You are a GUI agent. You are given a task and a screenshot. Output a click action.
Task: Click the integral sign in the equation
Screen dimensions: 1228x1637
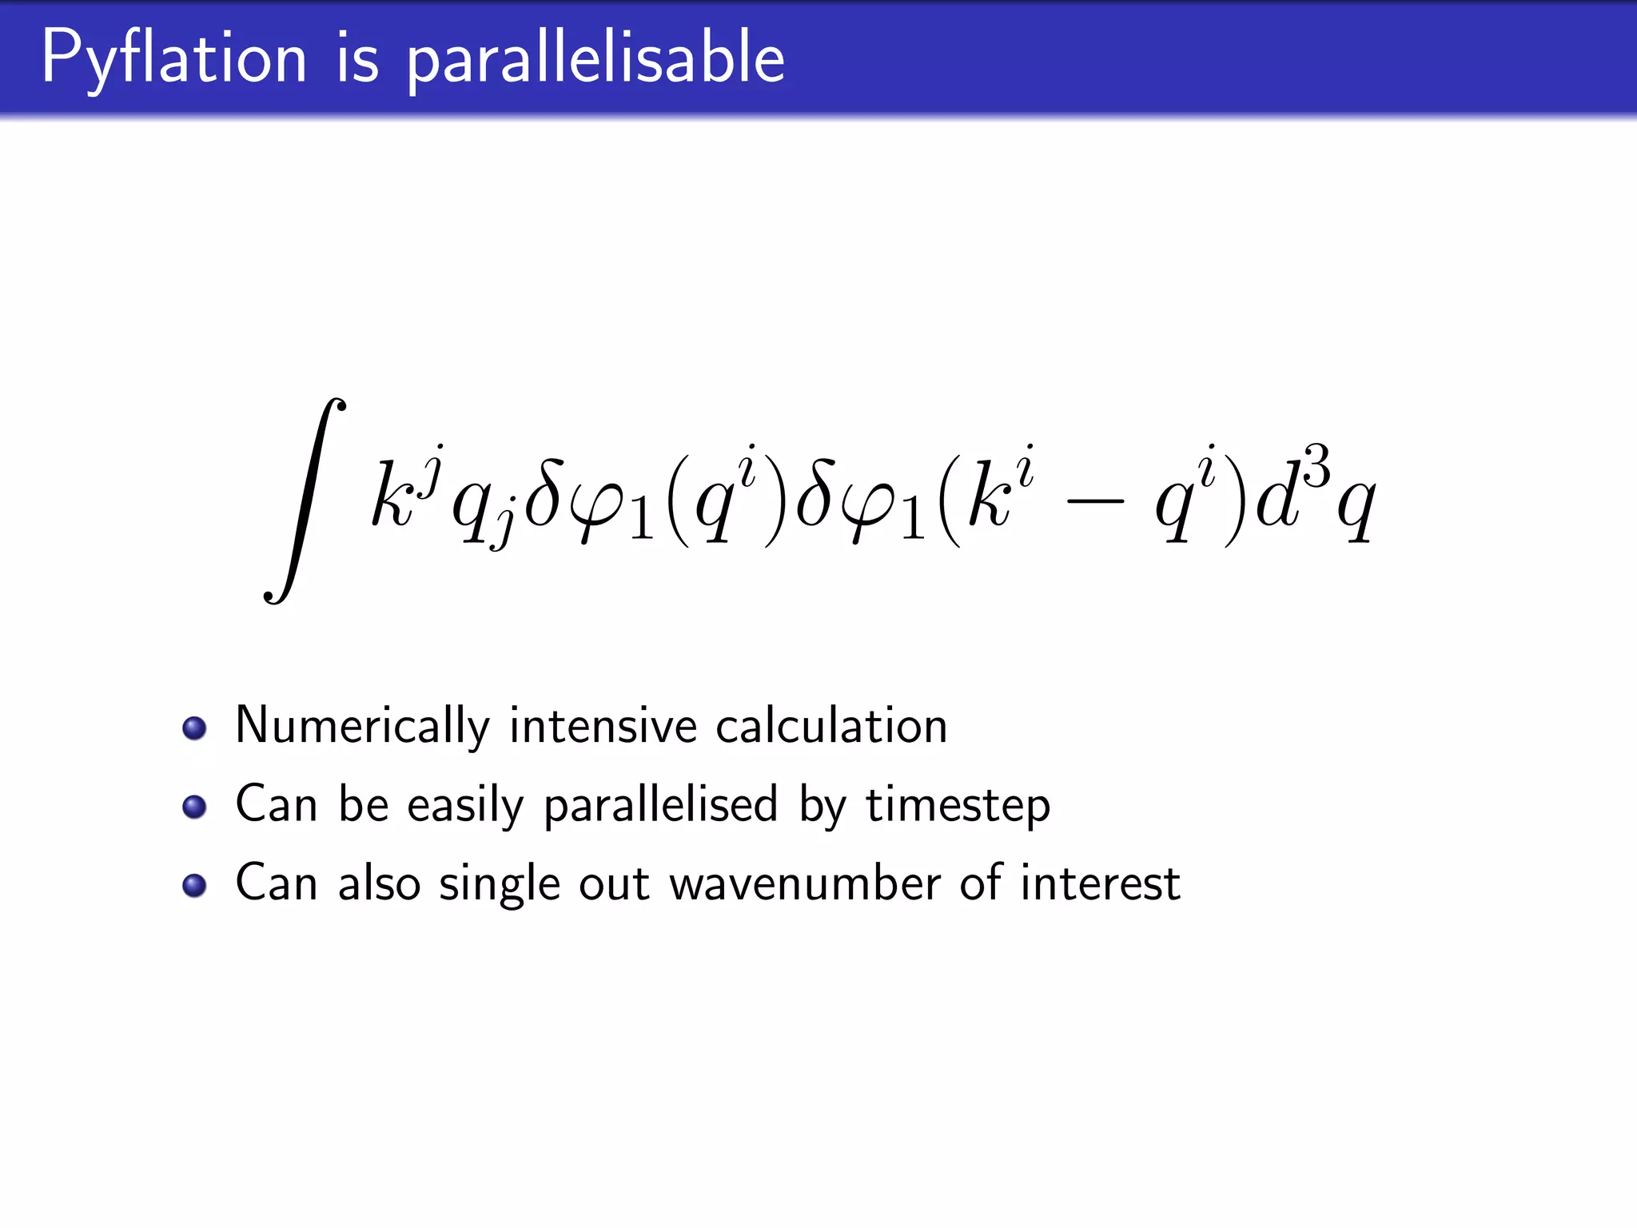(305, 500)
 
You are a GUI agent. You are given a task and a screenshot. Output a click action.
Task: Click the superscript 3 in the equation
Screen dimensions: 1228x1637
(1316, 465)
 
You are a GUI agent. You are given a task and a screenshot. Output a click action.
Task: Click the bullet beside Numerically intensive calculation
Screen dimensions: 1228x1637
(194, 728)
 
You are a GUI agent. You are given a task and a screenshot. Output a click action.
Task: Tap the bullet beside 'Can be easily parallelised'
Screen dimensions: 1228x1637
(194, 807)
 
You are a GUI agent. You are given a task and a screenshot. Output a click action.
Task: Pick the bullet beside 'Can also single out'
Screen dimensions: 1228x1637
(194, 885)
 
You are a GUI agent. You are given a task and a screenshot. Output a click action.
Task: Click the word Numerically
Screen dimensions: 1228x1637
(362, 726)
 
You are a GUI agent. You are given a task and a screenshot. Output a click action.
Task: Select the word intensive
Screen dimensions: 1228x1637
(603, 726)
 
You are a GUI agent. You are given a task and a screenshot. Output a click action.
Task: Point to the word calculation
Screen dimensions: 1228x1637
(831, 726)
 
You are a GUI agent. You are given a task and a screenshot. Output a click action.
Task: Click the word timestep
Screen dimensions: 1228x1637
(958, 805)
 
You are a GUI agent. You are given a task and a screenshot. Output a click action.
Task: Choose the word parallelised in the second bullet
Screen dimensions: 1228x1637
(660, 805)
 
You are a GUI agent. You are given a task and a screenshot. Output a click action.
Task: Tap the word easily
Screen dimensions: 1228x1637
(465, 805)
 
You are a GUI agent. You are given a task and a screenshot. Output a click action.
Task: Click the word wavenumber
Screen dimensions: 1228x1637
(804, 883)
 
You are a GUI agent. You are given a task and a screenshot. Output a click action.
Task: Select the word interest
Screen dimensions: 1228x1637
(1100, 883)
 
